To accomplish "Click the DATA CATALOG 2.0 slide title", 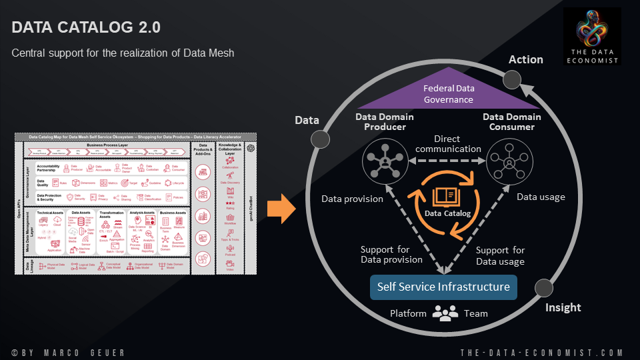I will click(86, 27).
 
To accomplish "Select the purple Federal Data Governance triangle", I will click(449, 93).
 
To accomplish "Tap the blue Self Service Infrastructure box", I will click(443, 287).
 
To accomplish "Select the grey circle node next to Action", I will click(512, 80).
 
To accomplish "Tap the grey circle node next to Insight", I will click(544, 288).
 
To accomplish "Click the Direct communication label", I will click(447, 144).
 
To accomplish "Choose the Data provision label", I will click(352, 199).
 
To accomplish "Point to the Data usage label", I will click(541, 197).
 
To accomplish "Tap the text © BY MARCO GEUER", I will click(68, 352).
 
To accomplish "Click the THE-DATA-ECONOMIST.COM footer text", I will click(541, 352).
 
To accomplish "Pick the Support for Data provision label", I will click(392, 255).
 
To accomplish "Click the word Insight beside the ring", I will click(563, 307).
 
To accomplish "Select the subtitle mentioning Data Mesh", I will click(123, 53).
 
